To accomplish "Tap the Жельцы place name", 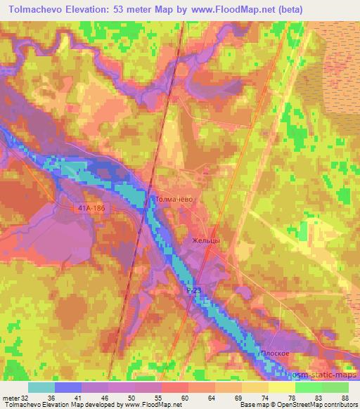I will pos(207,241).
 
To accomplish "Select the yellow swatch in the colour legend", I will pos(281,387).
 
